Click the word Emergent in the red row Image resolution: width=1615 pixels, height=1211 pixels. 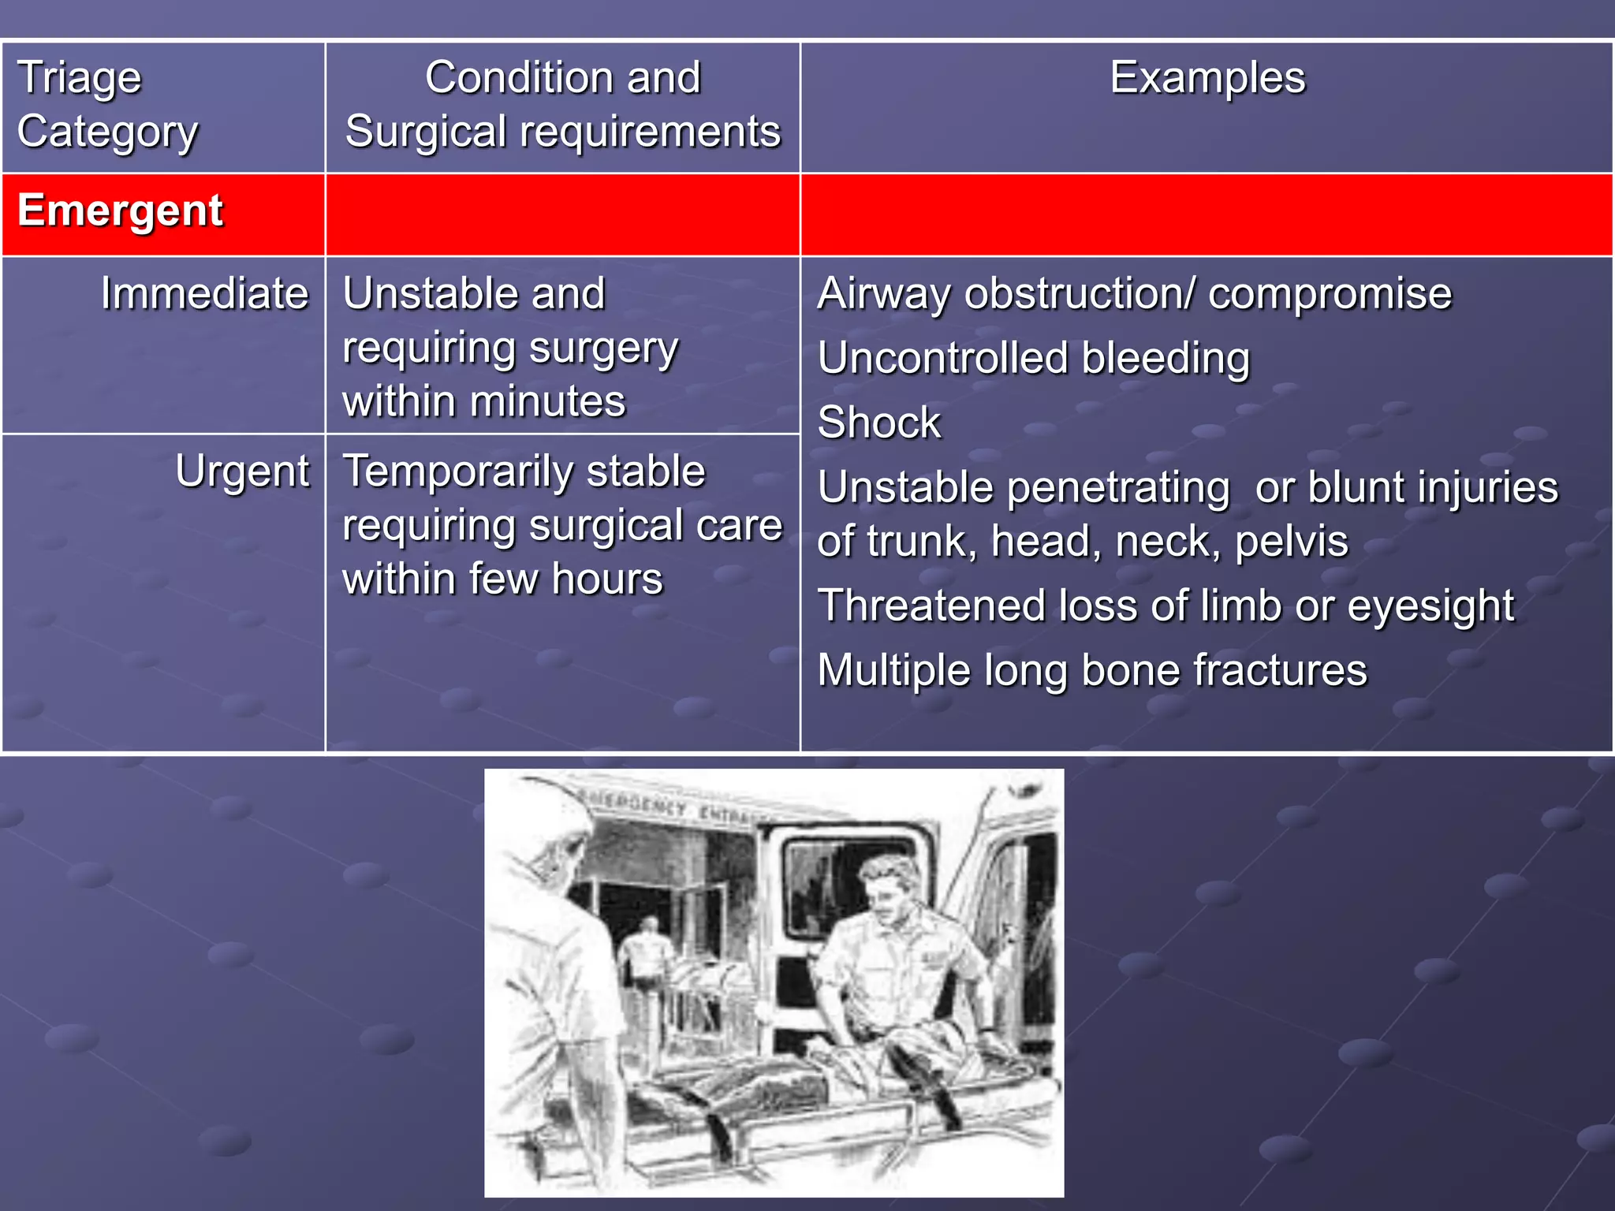[120, 211]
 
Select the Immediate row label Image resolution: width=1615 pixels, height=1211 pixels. [204, 294]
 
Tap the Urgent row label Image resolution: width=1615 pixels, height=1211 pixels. [242, 472]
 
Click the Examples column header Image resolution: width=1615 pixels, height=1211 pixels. [1207, 78]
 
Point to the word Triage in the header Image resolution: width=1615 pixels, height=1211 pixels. [79, 79]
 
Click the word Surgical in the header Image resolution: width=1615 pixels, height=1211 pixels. [425, 132]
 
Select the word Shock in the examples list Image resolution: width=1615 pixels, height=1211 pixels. [878, 423]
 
